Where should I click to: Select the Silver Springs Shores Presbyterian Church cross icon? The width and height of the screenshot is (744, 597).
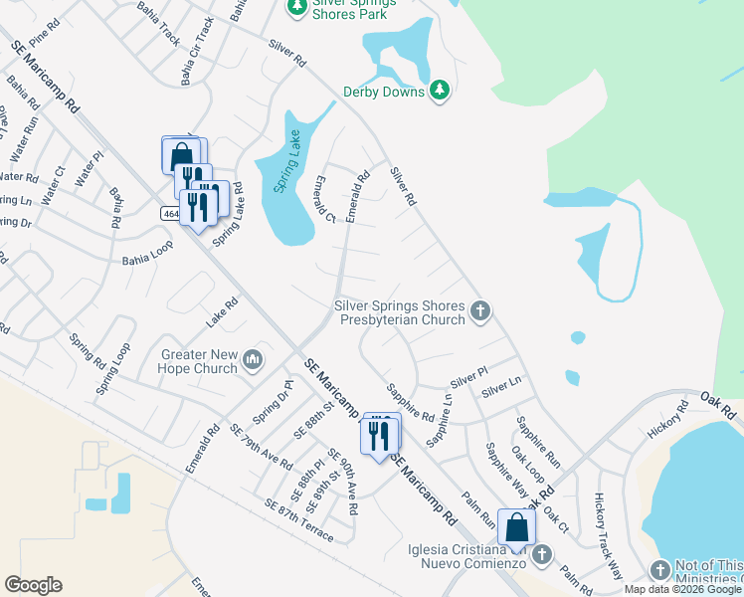click(480, 312)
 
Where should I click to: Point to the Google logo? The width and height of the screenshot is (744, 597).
click(33, 585)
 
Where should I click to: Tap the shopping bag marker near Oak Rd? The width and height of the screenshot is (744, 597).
click(516, 528)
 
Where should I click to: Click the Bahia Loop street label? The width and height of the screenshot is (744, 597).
click(147, 261)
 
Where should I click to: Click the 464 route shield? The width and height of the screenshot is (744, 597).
click(170, 213)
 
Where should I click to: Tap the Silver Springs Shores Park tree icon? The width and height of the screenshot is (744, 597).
click(295, 7)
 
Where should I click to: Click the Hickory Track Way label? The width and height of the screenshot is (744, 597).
click(608, 537)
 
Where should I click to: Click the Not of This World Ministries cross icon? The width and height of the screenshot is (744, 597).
click(659, 569)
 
